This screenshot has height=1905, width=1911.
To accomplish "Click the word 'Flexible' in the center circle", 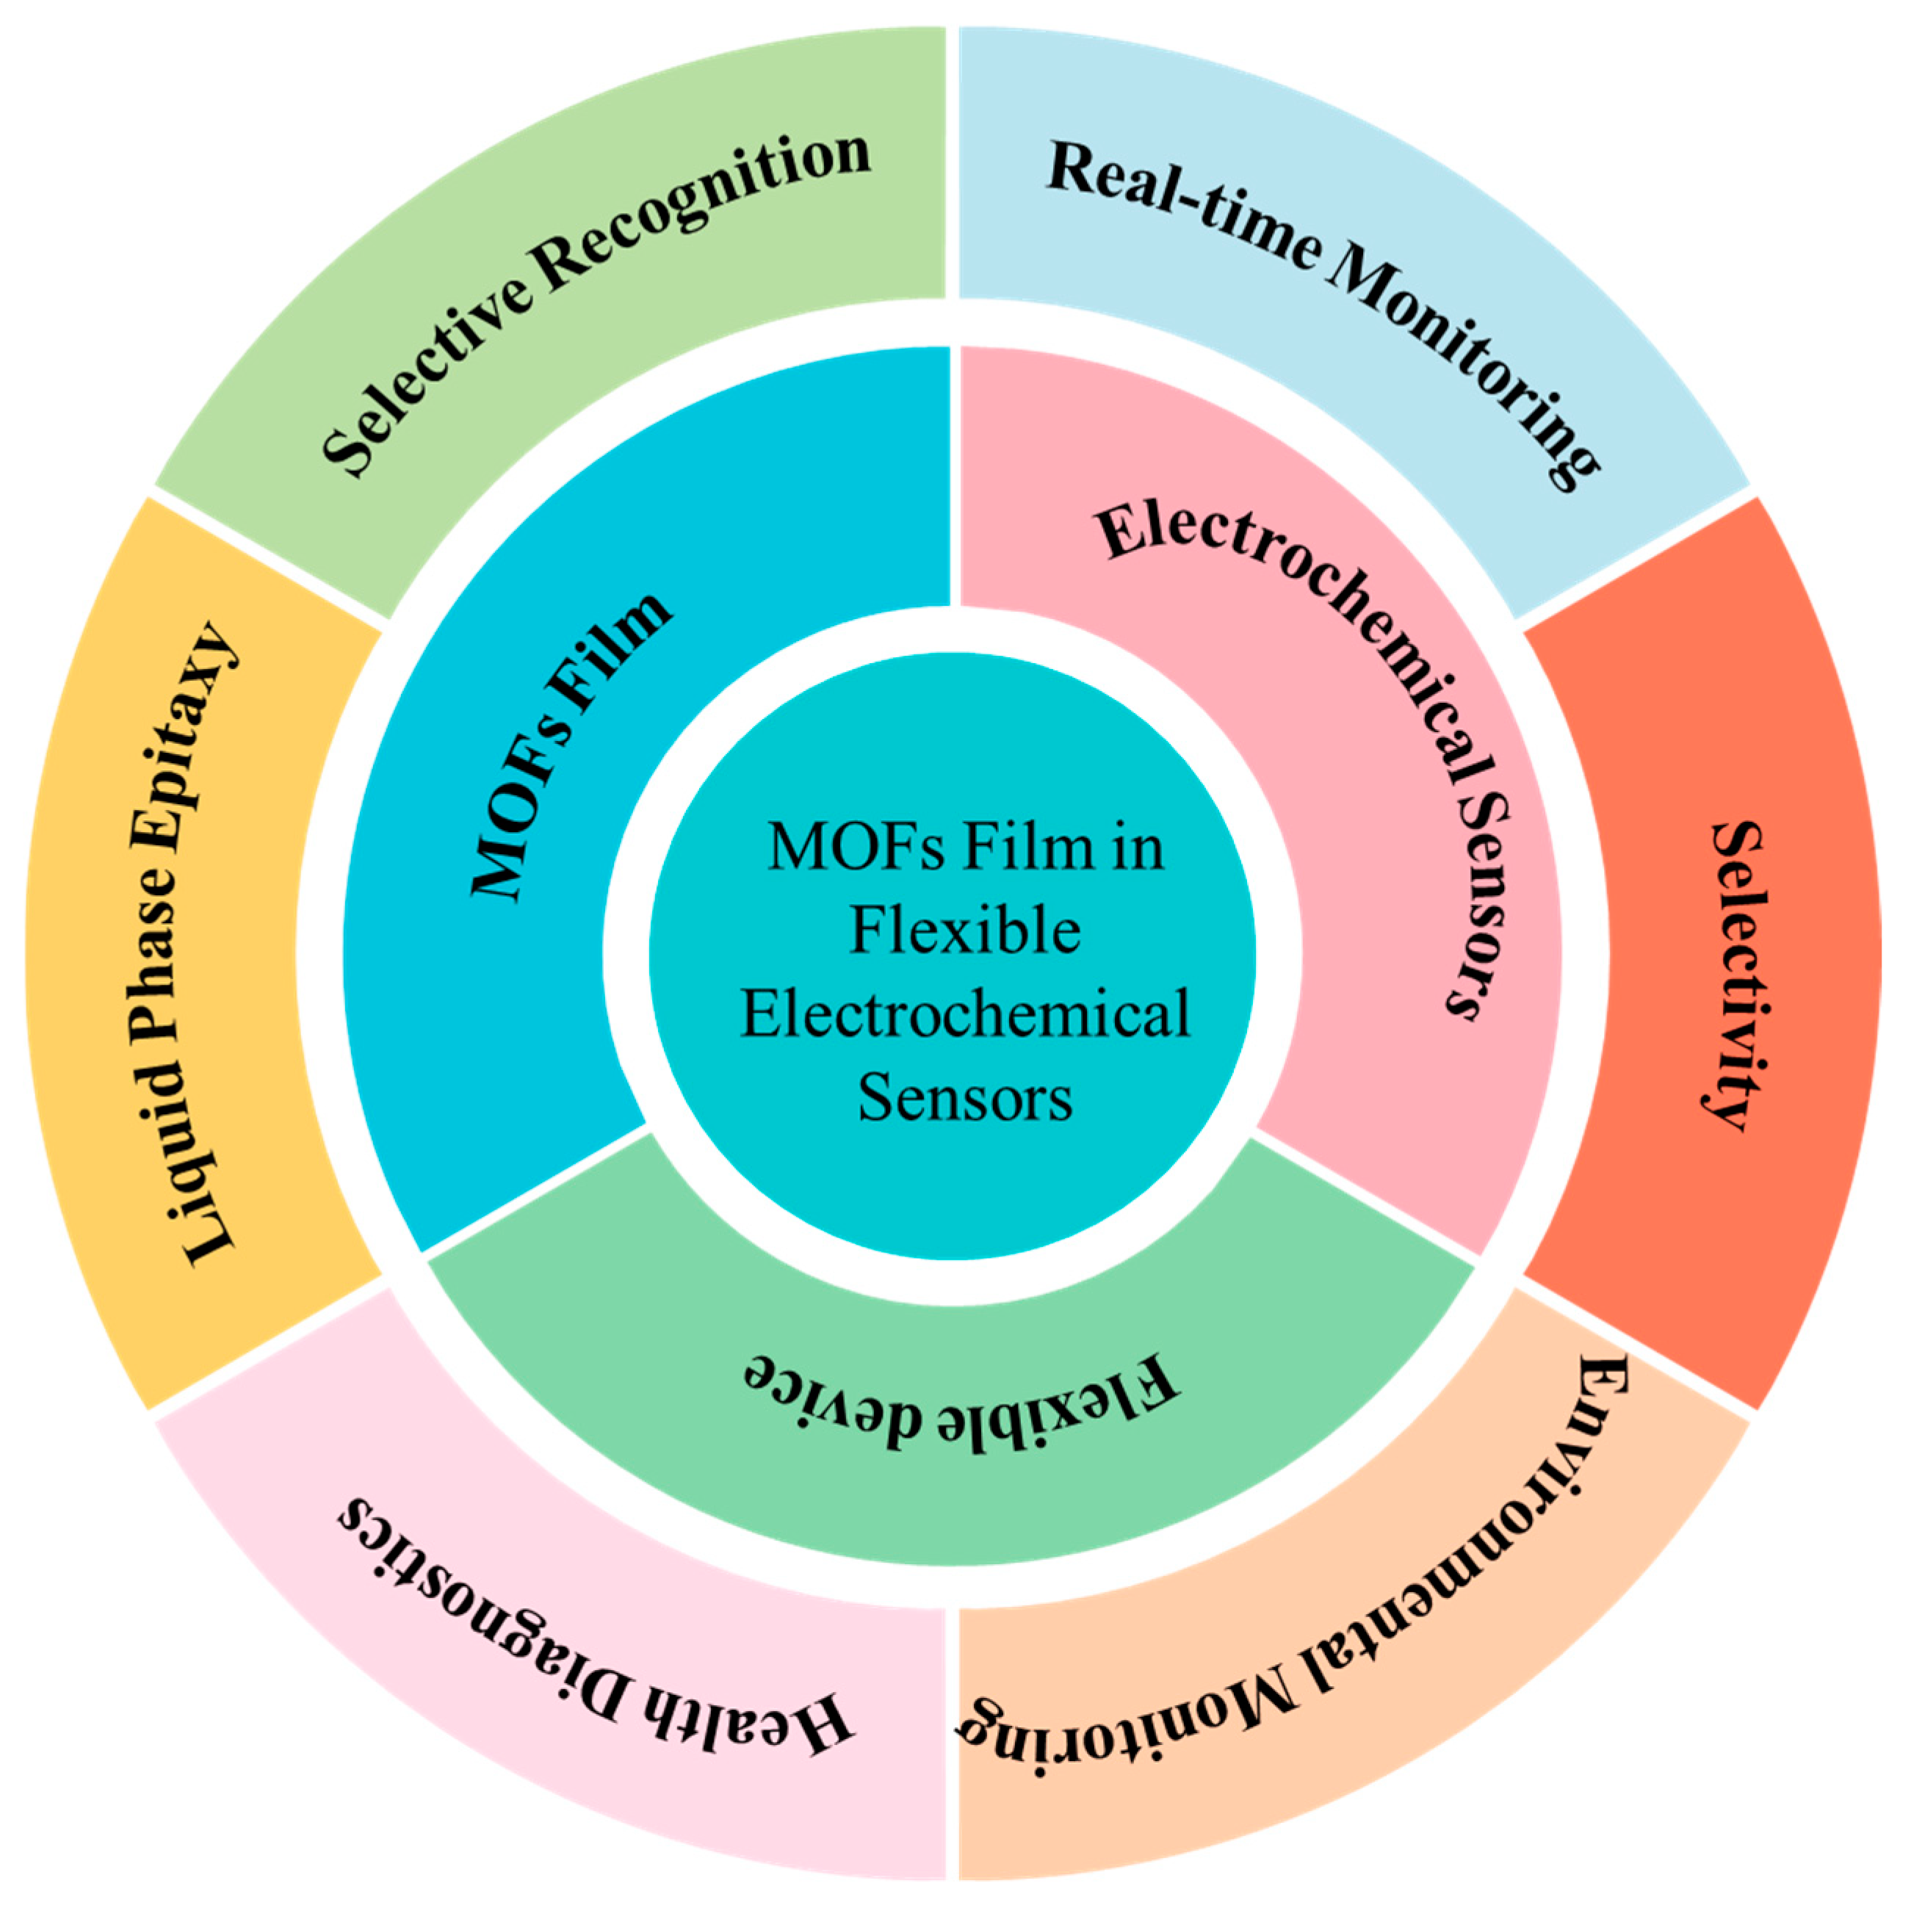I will pos(964,932).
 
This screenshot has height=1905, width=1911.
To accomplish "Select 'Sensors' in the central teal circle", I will pos(964,1098).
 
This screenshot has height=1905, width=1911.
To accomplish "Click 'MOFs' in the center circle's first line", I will pos(856,849).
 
